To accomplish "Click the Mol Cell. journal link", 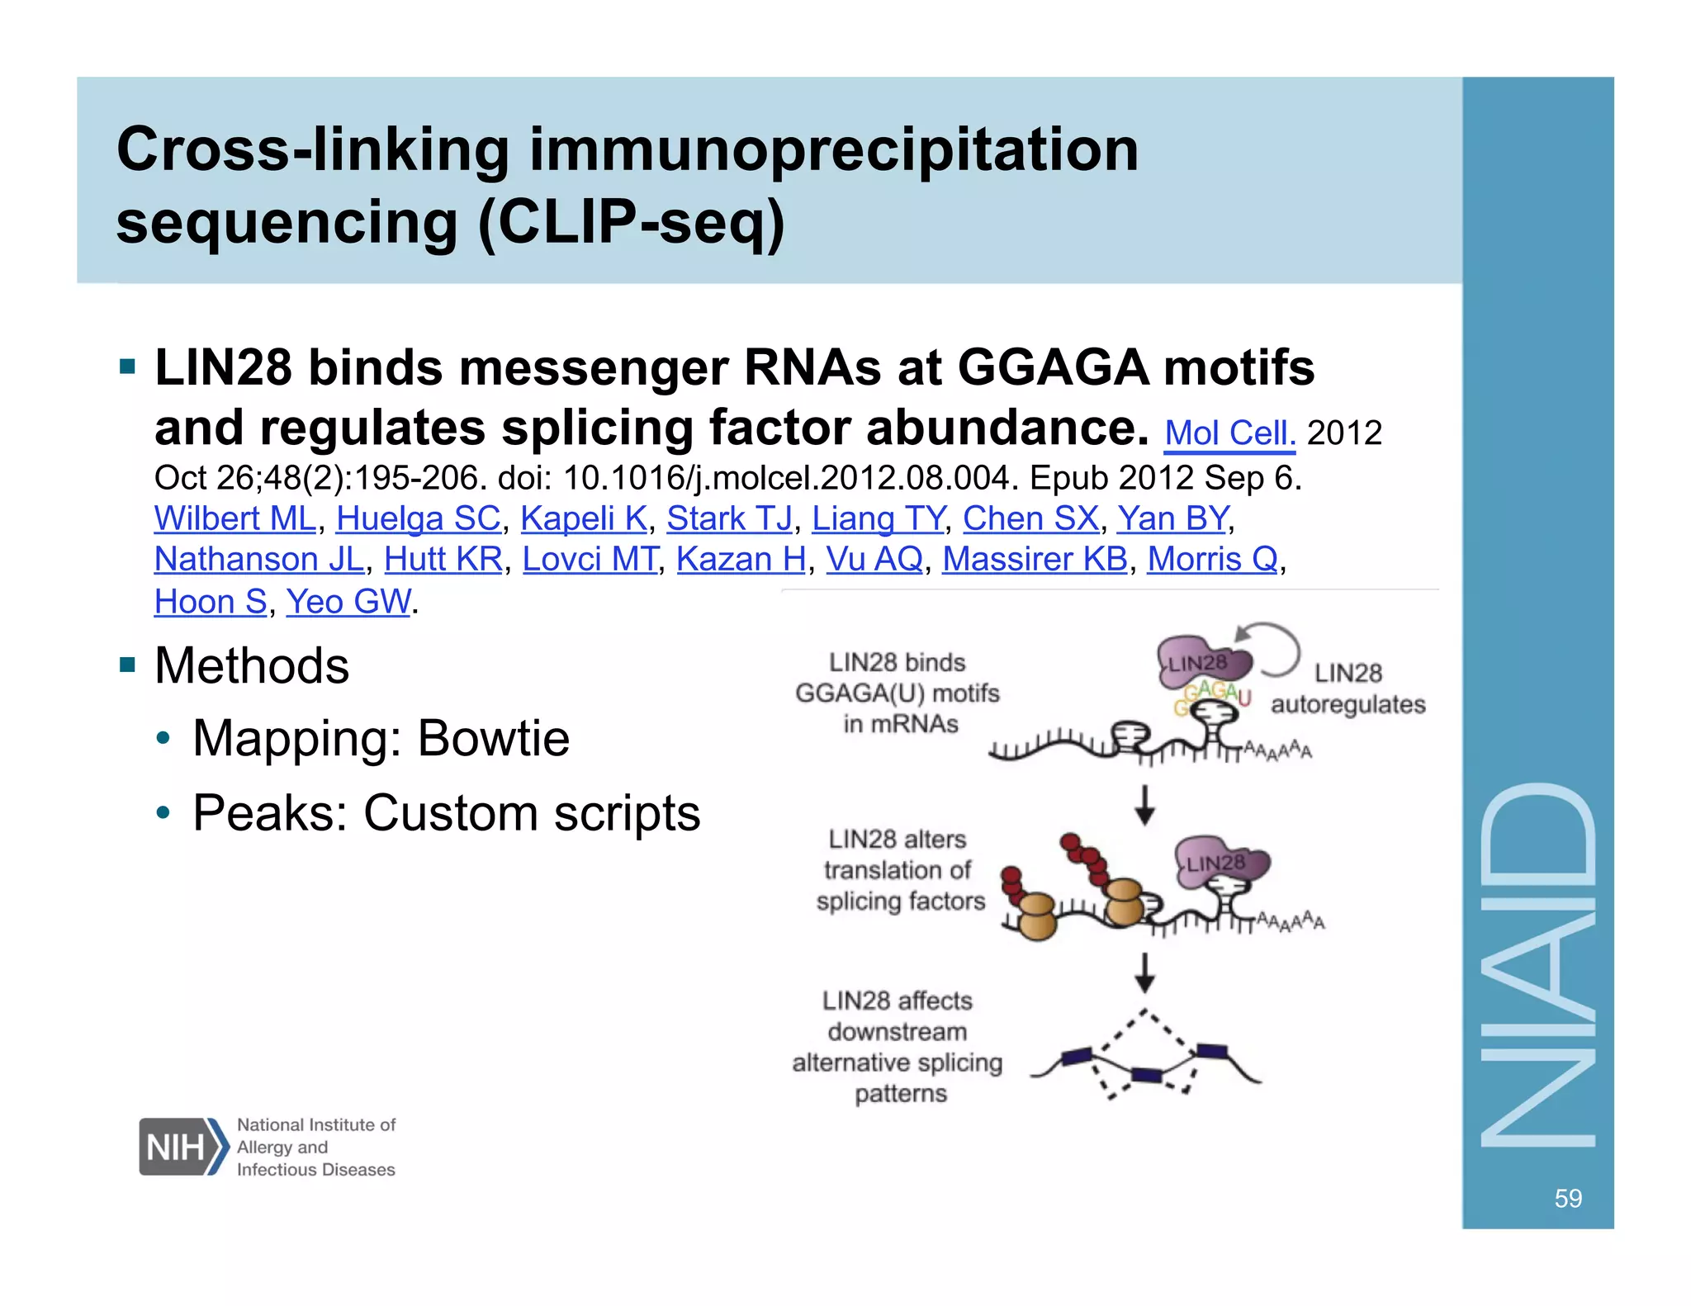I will pyautogui.click(x=1229, y=433).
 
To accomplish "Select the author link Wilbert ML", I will pyautogui.click(x=235, y=519).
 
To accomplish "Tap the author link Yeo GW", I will pyautogui.click(x=348, y=602).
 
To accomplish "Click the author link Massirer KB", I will pyautogui.click(x=1035, y=560).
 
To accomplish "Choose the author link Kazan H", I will pyautogui.click(x=741, y=560).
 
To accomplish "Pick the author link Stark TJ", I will pyautogui.click(x=729, y=519).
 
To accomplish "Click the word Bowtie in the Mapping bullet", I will pyautogui.click(x=493, y=738).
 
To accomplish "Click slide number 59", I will pyautogui.click(x=1567, y=1198).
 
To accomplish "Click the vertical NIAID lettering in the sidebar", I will pyautogui.click(x=1537, y=966).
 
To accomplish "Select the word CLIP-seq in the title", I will pyautogui.click(x=629, y=222).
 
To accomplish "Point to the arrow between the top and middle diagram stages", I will pyautogui.click(x=1144, y=804).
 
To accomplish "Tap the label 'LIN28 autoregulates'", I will pyautogui.click(x=1348, y=688).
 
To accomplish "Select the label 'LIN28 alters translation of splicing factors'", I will pyautogui.click(x=900, y=870).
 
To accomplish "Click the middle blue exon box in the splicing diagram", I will pyautogui.click(x=1147, y=1074).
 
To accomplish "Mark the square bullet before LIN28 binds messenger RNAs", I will pyautogui.click(x=127, y=366).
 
